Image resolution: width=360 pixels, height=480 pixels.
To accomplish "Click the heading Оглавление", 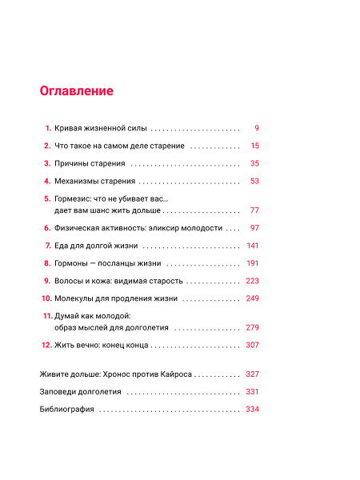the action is click(76, 90).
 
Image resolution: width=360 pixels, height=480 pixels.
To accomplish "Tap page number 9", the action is click(257, 128).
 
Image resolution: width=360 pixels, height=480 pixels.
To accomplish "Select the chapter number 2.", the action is click(47, 146).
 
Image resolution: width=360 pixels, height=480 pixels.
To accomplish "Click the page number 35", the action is click(254, 163).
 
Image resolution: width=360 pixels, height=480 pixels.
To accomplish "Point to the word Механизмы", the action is click(77, 181).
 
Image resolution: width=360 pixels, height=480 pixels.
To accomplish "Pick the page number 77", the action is click(254, 210).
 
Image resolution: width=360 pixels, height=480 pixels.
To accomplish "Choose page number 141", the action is click(253, 246).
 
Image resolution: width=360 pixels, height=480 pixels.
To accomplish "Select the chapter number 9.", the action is click(47, 281).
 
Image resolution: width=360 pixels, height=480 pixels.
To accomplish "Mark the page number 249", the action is click(253, 298).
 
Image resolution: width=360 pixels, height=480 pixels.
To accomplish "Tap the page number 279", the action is click(253, 328).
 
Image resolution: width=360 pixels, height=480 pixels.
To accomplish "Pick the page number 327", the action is click(253, 374).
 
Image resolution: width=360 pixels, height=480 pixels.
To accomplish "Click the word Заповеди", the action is click(58, 392).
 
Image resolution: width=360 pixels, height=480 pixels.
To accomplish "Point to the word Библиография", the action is click(66, 410).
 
